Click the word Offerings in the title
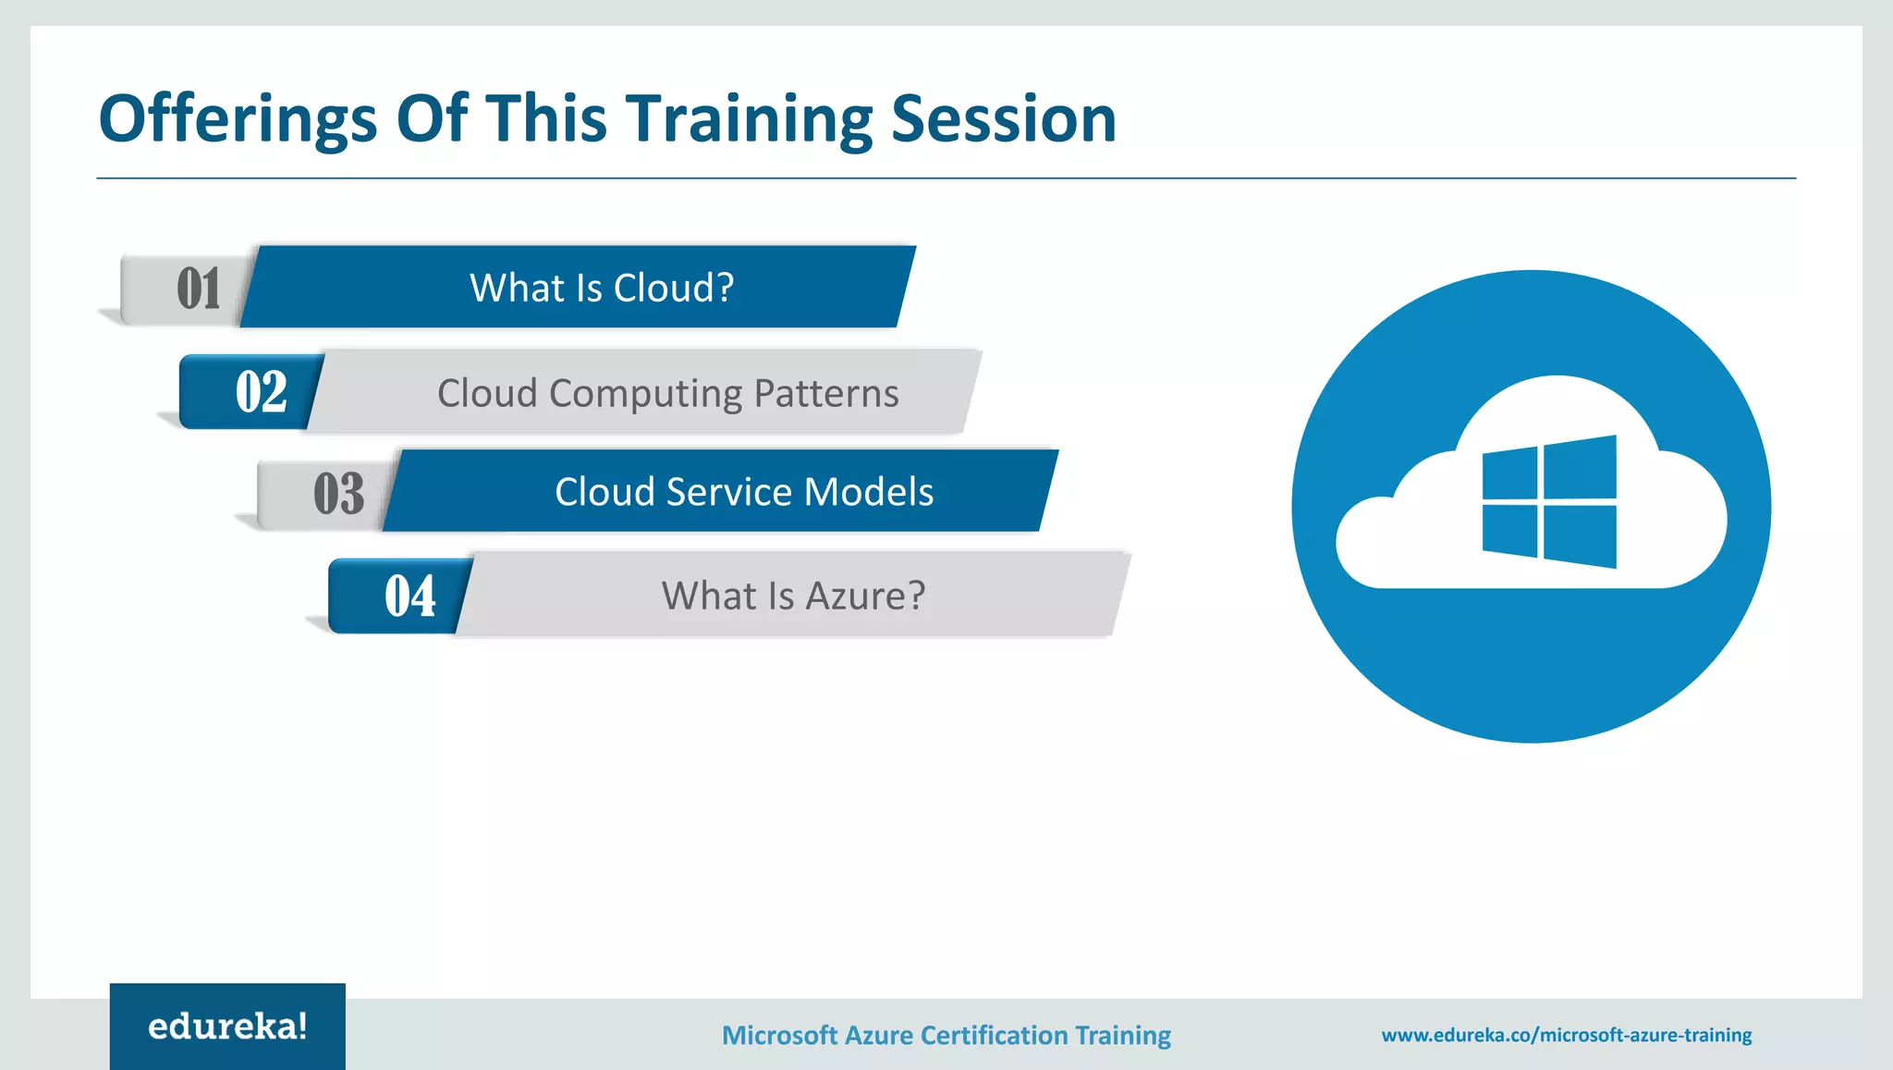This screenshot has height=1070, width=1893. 238,120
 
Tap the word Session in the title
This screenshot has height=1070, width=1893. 1004,120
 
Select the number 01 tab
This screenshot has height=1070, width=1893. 198,289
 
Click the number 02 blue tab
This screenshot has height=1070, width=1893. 260,392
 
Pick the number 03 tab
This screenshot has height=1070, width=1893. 338,493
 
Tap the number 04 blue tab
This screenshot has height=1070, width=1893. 409,596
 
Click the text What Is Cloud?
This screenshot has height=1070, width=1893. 602,288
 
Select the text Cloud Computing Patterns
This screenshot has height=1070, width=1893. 667,393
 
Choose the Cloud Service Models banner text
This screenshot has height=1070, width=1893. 744,492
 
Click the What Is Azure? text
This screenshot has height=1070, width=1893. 793,596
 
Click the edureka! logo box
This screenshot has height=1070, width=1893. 227,1027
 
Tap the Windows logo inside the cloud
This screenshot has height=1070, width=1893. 1549,502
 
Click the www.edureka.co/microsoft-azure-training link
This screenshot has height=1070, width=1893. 1566,1035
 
